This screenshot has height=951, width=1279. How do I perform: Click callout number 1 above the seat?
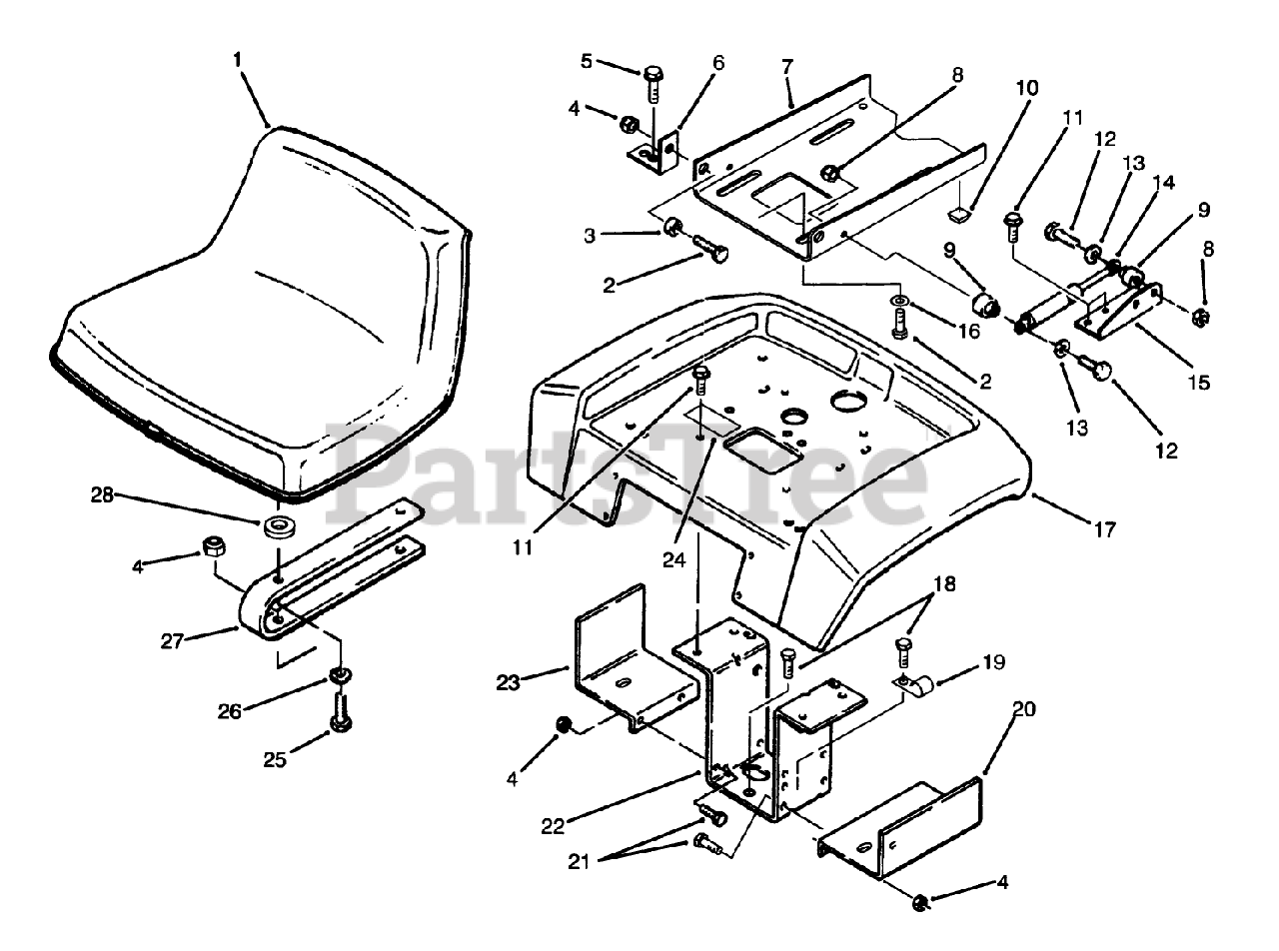click(x=237, y=60)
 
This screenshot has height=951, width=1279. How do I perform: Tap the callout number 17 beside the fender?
click(x=1103, y=530)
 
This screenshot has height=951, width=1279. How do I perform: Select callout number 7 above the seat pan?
click(x=787, y=68)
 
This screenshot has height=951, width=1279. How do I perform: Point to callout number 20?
click(x=1023, y=710)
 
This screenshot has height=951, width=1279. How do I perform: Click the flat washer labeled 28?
click(x=281, y=526)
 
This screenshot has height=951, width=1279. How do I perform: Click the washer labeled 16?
click(x=899, y=302)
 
